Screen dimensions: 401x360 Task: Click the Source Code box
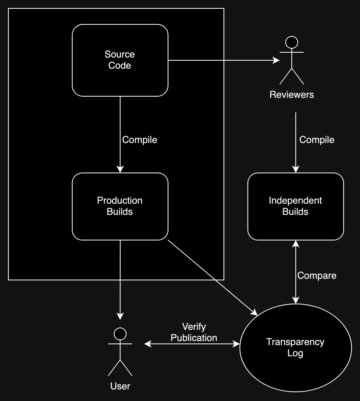coord(120,60)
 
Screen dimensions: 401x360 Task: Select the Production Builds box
coord(120,206)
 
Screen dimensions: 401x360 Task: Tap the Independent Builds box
coord(295,206)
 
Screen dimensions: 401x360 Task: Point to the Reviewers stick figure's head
coord(292,42)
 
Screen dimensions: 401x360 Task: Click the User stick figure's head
coord(120,333)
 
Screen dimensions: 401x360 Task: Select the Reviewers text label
coord(292,95)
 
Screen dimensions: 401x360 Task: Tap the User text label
coord(120,386)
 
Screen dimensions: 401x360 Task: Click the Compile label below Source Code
coord(139,140)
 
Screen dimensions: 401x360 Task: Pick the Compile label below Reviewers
coord(316,140)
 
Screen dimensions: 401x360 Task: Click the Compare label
coord(316,276)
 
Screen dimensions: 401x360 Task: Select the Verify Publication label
coord(194,332)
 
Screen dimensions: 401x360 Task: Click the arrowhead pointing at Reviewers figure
coord(276,60)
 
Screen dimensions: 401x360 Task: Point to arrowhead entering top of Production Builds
coord(120,169)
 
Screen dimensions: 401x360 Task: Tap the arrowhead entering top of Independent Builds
coord(296,169)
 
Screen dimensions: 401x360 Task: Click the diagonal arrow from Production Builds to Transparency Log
coord(212,276)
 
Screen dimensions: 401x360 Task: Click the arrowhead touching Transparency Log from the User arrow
coord(236,343)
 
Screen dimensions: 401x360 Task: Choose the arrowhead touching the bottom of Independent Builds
coord(296,244)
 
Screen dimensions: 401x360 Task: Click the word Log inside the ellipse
coord(295,353)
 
